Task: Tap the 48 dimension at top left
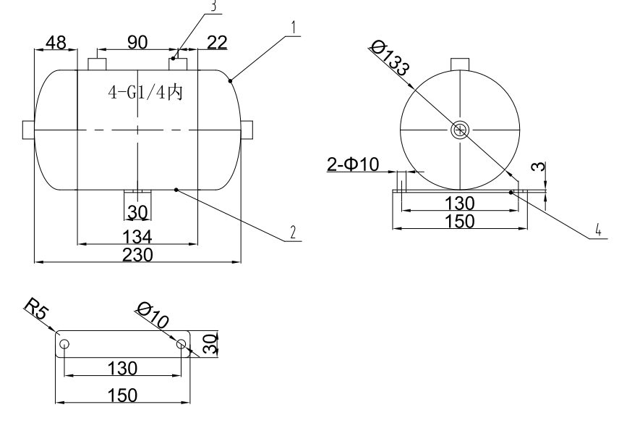tap(54, 43)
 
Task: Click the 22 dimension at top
tap(215, 43)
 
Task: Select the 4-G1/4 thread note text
tap(145, 95)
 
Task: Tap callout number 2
tap(292, 233)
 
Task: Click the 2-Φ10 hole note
tap(352, 166)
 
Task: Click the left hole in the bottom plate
tap(65, 344)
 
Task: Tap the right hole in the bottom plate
tap(181, 344)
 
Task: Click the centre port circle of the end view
tap(459, 130)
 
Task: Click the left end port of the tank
tap(29, 130)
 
